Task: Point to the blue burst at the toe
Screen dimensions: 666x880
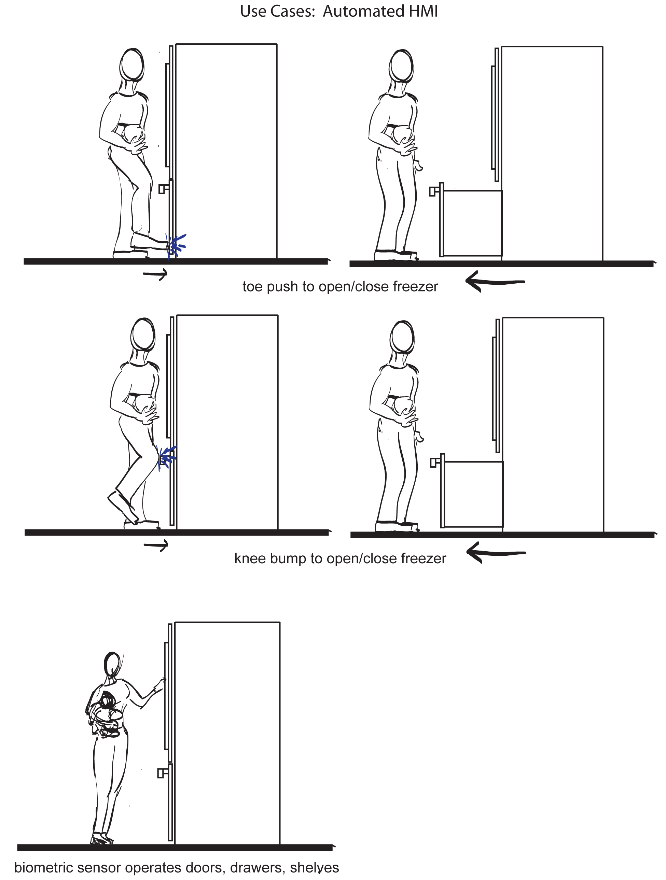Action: click(x=176, y=245)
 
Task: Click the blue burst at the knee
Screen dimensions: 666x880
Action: click(x=167, y=458)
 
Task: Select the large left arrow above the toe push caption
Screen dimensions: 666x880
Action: click(x=495, y=282)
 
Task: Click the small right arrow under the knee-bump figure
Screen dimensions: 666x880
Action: click(x=156, y=545)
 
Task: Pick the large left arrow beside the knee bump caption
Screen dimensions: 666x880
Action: click(x=496, y=553)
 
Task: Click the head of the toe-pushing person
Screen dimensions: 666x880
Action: click(x=132, y=65)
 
